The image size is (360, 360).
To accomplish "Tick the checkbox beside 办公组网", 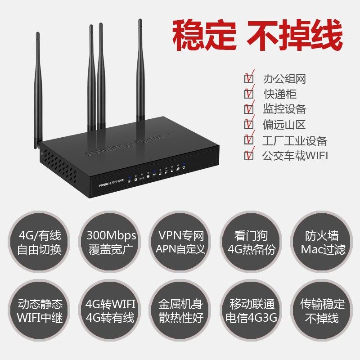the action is tap(248, 79).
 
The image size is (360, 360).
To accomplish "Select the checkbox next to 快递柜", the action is tap(248, 94).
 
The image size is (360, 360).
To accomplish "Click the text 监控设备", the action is tap(284, 109).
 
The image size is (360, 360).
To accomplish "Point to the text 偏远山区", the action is tap(284, 124).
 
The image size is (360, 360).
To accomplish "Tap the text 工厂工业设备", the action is tap(295, 140).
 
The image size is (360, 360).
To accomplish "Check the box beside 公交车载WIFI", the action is tap(248, 156).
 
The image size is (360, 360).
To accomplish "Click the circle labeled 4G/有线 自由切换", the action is tap(39, 243).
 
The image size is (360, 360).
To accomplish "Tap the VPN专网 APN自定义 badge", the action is tap(180, 243).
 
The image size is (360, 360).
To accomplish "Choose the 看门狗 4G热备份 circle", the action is tap(251, 243).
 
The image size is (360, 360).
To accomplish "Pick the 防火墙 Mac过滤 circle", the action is tap(320, 243).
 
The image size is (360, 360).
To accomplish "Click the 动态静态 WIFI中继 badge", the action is tap(39, 311).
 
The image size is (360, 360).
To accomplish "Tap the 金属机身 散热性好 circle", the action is tap(180, 311).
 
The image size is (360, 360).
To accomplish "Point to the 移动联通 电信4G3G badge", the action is tap(251, 311).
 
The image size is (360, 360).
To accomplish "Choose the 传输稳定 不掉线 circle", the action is tap(320, 311).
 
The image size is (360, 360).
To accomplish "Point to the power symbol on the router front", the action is tap(184, 168).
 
